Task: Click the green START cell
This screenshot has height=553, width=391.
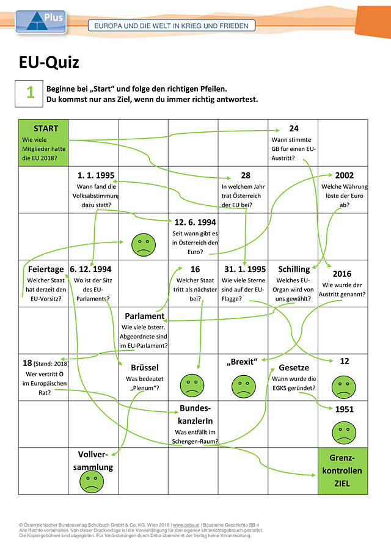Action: point(43,143)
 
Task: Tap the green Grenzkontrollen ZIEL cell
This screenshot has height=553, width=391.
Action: point(342,471)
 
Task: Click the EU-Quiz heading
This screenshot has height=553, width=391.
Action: point(49,62)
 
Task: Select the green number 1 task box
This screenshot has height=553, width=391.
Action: point(29,93)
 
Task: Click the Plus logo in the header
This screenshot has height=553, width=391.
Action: point(41,22)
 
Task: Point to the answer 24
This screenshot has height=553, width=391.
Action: point(294,128)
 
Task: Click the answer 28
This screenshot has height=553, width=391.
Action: point(246,175)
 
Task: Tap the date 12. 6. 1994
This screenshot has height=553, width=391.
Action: point(195,222)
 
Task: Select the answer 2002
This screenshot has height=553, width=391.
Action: point(345,175)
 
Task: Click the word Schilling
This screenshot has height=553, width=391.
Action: point(294,269)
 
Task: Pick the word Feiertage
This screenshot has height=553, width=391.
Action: point(46,269)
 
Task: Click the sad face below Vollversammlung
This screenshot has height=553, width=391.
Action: point(92,481)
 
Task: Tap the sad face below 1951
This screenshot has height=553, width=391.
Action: point(344,433)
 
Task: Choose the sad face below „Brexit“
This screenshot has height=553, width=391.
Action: point(244,386)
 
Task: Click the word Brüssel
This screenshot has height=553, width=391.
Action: point(145,367)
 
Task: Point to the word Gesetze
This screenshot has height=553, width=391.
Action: point(294,367)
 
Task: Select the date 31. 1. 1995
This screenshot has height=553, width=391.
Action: point(245,269)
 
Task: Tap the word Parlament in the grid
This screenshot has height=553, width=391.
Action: point(145,316)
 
